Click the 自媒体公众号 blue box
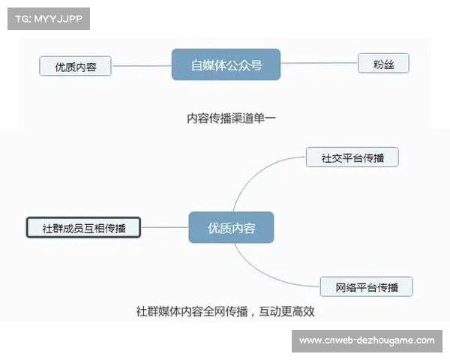(x=226, y=65)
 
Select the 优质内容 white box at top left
(x=75, y=66)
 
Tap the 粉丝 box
(x=383, y=64)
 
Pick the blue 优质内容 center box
(x=231, y=227)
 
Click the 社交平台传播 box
(x=352, y=157)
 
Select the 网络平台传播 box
(x=366, y=286)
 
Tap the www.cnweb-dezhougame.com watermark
(x=366, y=340)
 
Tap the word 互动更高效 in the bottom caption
(x=296, y=310)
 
